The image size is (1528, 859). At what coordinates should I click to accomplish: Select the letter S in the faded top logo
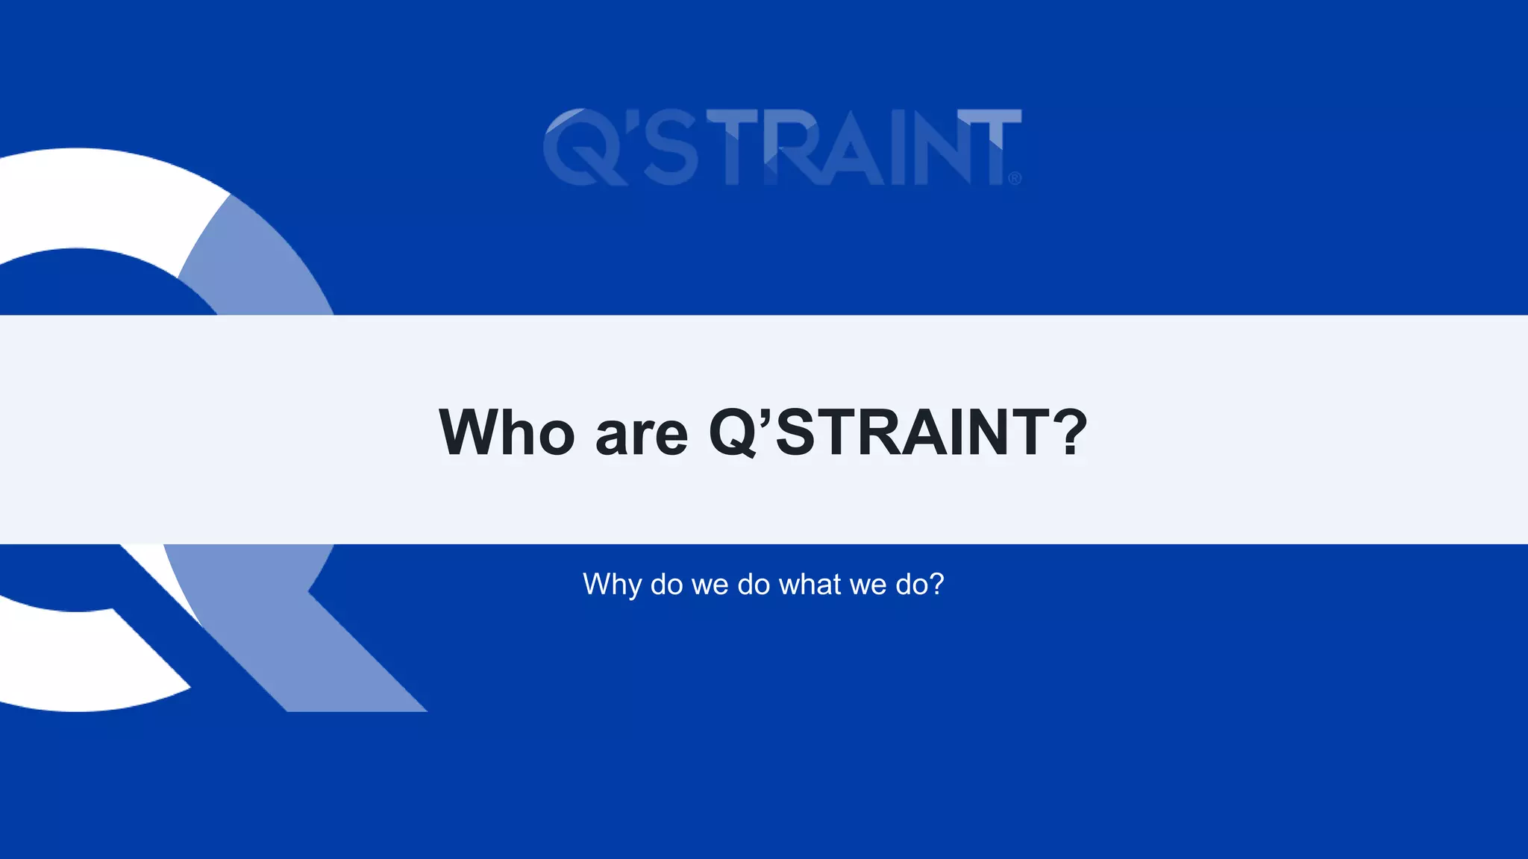coord(670,148)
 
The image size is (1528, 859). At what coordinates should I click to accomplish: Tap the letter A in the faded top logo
coord(858,148)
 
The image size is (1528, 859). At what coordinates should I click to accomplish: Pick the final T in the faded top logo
coord(996,148)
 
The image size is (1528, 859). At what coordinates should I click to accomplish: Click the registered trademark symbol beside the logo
coord(1015,178)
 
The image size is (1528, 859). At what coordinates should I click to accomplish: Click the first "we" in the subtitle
coord(710,585)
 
